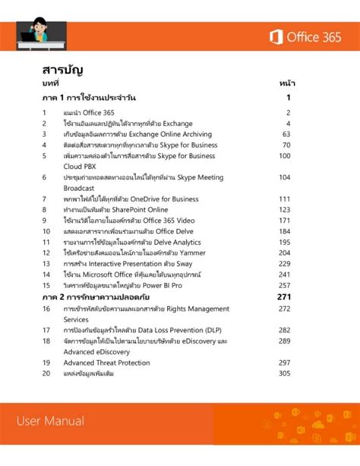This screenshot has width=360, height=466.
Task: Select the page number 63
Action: [286, 134]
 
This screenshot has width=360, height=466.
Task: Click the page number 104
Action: [284, 177]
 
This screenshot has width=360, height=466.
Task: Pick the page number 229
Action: [284, 262]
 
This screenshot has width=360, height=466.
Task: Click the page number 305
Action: [284, 373]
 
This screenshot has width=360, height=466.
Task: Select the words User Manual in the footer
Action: [49, 420]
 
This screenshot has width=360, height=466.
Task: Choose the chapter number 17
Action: [46, 331]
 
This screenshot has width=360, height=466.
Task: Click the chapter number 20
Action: [46, 373]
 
